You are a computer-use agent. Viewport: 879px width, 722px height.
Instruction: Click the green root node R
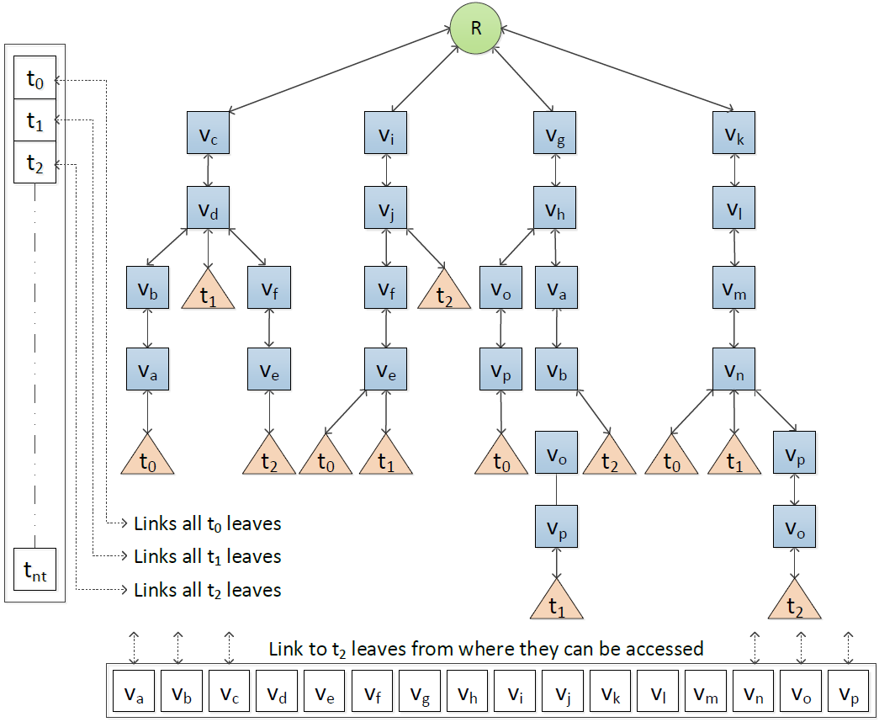(x=475, y=28)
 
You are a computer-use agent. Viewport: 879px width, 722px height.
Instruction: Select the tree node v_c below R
(x=209, y=132)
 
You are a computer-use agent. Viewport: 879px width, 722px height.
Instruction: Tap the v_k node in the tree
(x=733, y=132)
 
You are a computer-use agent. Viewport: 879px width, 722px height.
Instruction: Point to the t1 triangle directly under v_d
(x=209, y=291)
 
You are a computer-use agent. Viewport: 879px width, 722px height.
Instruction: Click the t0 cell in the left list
(x=34, y=81)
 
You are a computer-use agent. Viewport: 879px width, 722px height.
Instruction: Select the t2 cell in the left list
(x=34, y=162)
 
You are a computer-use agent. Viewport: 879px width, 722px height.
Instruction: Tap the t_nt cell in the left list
(x=34, y=569)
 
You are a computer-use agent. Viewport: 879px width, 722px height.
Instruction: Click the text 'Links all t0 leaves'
(x=207, y=523)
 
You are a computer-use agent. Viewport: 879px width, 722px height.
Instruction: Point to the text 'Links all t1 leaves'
(x=207, y=556)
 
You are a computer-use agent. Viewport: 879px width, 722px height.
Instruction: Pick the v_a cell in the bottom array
(x=134, y=694)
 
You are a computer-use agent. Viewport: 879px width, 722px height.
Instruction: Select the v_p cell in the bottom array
(x=848, y=694)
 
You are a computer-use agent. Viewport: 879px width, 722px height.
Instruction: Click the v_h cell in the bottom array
(x=467, y=694)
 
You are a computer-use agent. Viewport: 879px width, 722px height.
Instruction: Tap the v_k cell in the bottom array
(x=610, y=694)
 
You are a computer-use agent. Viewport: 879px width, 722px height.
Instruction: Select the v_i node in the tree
(x=385, y=132)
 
